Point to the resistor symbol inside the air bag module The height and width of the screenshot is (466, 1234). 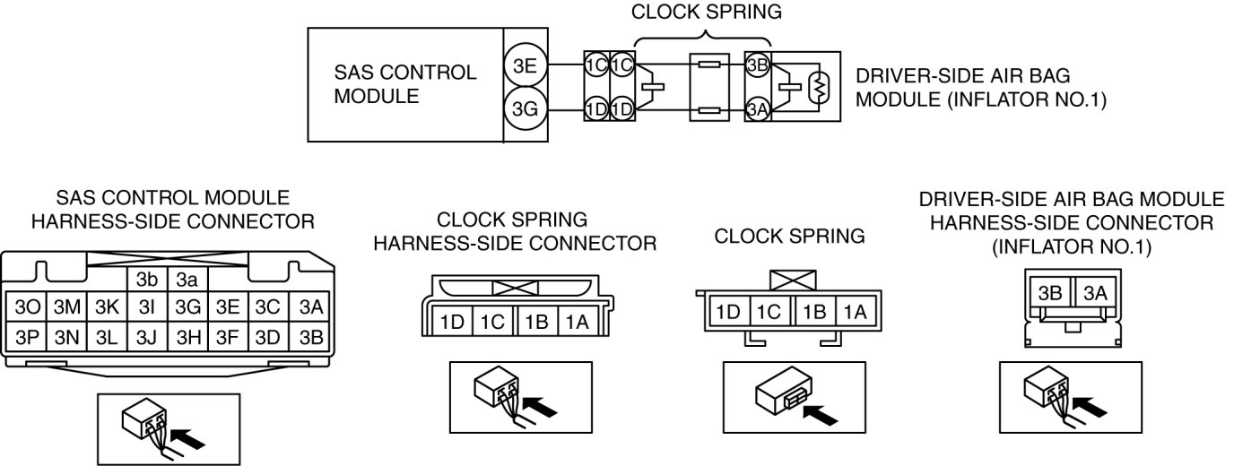click(x=817, y=88)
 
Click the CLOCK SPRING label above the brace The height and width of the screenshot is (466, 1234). click(x=707, y=12)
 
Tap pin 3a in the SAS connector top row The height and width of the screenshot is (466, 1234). click(x=187, y=279)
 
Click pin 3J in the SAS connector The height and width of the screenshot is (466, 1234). click(x=144, y=337)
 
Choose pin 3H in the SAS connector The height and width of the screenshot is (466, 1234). click(x=187, y=337)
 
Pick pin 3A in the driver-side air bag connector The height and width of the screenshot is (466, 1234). click(x=1094, y=294)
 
